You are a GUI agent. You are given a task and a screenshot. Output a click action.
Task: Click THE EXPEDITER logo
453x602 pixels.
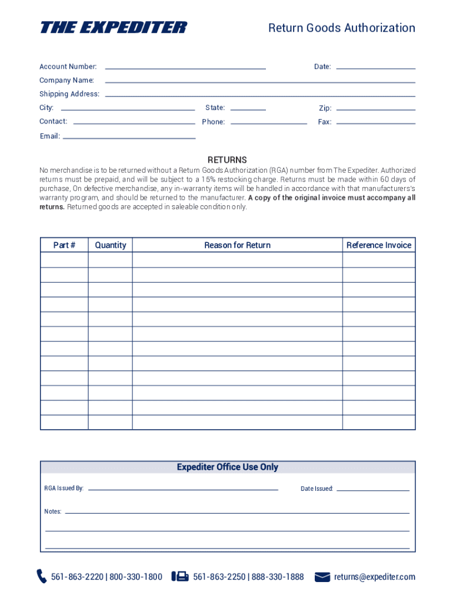(113, 28)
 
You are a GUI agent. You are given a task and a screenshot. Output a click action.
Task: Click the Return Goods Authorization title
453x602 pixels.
(341, 28)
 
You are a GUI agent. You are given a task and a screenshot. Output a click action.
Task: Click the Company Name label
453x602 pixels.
(66, 81)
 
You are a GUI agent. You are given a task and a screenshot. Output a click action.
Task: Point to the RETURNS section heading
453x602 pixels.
(227, 160)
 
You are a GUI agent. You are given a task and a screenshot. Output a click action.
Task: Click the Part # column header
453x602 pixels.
(64, 245)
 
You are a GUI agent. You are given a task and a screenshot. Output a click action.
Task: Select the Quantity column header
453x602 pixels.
(111, 245)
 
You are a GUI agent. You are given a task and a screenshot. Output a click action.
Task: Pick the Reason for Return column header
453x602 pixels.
(237, 245)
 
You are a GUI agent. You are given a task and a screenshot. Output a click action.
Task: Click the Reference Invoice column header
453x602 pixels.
(379, 245)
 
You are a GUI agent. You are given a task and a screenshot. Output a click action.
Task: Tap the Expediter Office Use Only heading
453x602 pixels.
(228, 467)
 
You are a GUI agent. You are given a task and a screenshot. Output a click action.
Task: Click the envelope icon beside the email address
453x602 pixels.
(322, 577)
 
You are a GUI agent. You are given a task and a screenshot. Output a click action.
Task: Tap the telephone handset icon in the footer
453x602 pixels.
(42, 576)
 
